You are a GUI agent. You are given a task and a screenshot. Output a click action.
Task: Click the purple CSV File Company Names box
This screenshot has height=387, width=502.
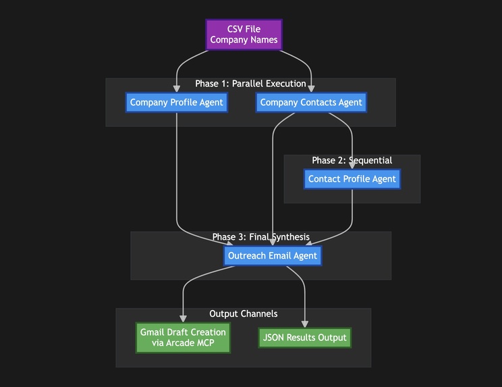point(244,34)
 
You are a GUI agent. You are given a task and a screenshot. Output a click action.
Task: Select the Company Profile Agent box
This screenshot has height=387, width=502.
point(176,103)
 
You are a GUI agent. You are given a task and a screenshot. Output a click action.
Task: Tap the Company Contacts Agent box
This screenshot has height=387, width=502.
point(311,103)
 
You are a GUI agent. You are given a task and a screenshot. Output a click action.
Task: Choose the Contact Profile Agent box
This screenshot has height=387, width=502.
point(352,179)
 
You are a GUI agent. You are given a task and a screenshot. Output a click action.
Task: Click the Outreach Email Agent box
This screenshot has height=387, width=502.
point(273,256)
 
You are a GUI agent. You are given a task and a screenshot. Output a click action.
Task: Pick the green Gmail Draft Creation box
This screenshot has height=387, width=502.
point(183,337)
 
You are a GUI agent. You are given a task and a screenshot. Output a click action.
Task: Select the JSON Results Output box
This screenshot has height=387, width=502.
point(304,338)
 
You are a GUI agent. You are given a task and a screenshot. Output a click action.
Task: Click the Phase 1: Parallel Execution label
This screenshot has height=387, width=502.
point(250,84)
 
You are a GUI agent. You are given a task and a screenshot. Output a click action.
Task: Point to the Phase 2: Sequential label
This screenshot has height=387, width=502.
point(352,160)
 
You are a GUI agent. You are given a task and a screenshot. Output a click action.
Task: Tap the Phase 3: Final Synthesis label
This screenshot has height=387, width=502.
point(260,237)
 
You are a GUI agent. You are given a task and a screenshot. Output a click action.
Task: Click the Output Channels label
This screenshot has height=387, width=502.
point(243,314)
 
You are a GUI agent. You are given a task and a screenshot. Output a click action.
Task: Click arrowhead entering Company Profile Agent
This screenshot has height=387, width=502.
point(177,88)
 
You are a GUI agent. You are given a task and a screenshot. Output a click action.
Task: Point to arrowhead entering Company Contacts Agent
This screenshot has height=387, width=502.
point(311,88)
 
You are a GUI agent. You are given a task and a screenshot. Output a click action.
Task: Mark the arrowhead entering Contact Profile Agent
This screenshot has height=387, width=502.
point(352,164)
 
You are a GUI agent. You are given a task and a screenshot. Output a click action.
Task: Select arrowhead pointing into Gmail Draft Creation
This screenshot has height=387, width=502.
point(183,318)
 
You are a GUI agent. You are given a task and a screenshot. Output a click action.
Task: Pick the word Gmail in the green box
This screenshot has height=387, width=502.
point(152,332)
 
